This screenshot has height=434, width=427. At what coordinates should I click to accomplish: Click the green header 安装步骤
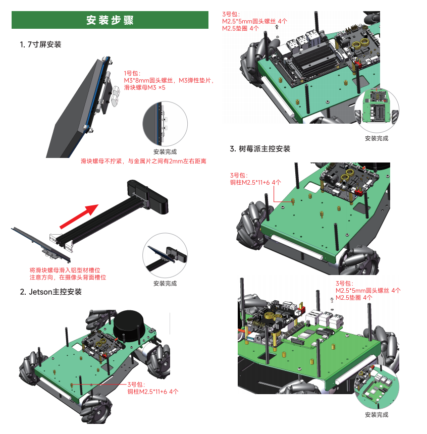[110, 20]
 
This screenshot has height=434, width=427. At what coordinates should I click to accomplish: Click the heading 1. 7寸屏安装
[40, 44]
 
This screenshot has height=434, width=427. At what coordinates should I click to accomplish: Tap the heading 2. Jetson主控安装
[50, 292]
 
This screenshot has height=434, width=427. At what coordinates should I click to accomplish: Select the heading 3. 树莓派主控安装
[260, 148]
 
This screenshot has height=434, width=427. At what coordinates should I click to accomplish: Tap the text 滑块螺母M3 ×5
[144, 87]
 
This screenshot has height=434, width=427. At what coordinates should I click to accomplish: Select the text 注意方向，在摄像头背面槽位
[68, 277]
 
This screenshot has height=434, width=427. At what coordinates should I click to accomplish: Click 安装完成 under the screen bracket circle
[165, 151]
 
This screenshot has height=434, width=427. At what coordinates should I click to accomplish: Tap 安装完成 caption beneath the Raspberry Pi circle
[377, 414]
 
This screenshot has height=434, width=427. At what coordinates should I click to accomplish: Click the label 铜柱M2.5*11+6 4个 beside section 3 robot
[255, 182]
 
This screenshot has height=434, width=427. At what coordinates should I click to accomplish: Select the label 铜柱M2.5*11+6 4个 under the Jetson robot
[152, 391]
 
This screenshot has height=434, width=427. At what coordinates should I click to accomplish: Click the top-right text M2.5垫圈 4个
[241, 28]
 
